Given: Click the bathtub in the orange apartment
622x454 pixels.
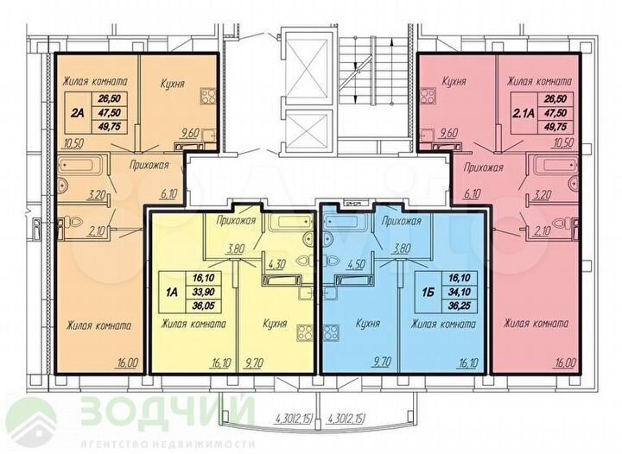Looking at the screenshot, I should (x=79, y=166).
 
